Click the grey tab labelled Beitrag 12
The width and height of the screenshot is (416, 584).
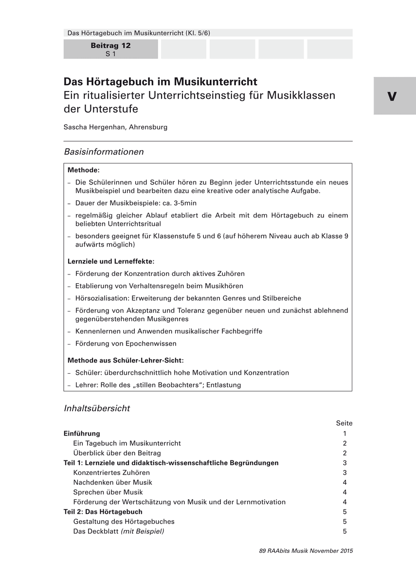[110, 49]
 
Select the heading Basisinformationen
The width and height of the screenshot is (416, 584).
[104, 152]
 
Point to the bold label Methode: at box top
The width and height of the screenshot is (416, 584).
[83, 170]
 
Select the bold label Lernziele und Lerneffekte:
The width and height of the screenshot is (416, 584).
[111, 261]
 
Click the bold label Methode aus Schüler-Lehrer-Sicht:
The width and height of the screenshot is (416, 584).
[125, 361]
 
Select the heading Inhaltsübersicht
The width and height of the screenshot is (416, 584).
[97, 408]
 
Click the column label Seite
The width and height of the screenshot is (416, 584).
[344, 423]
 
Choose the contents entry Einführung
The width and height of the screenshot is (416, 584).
[82, 434]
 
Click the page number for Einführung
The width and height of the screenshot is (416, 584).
[344, 434]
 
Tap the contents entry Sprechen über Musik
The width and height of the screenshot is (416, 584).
[108, 492]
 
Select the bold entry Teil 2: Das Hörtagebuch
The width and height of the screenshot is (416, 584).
[103, 512]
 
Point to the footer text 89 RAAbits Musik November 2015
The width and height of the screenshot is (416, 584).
[306, 551]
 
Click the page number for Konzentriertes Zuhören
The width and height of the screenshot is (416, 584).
[344, 473]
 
